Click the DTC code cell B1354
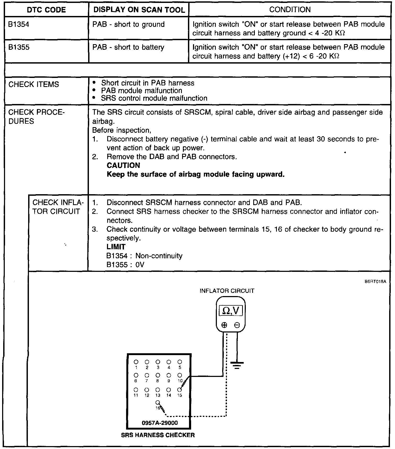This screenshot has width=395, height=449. pyautogui.click(x=19, y=24)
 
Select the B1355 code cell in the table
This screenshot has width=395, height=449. pyautogui.click(x=19, y=47)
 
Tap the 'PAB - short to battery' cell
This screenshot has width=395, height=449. pyautogui.click(x=128, y=47)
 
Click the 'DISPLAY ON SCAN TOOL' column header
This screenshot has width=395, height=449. pyautogui.click(x=139, y=10)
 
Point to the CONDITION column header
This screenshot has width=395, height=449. pyautogui.click(x=290, y=10)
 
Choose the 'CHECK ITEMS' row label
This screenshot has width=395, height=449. pyautogui.click(x=33, y=84)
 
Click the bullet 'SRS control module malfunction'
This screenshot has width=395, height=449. pyautogui.click(x=154, y=98)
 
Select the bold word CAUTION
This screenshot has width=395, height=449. pyautogui.click(x=123, y=165)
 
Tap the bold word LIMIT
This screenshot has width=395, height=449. pyautogui.click(x=116, y=247)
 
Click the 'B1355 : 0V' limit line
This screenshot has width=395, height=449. pyautogui.click(x=125, y=265)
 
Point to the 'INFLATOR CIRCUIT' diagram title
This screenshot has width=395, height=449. pyautogui.click(x=227, y=291)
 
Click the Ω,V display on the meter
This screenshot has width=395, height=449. pyautogui.click(x=230, y=310)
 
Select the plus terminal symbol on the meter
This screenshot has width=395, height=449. pyautogui.click(x=224, y=325)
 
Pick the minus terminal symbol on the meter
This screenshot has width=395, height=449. pyautogui.click(x=237, y=325)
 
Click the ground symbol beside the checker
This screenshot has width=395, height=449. pyautogui.click(x=237, y=365)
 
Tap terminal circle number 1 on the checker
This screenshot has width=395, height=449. pyautogui.click(x=136, y=362)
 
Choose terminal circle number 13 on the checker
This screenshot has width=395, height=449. pyautogui.click(x=158, y=390)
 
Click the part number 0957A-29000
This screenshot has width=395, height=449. pyautogui.click(x=160, y=423)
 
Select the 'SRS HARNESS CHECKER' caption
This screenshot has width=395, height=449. pyautogui.click(x=158, y=435)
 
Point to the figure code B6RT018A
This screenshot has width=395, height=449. pyautogui.click(x=375, y=281)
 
